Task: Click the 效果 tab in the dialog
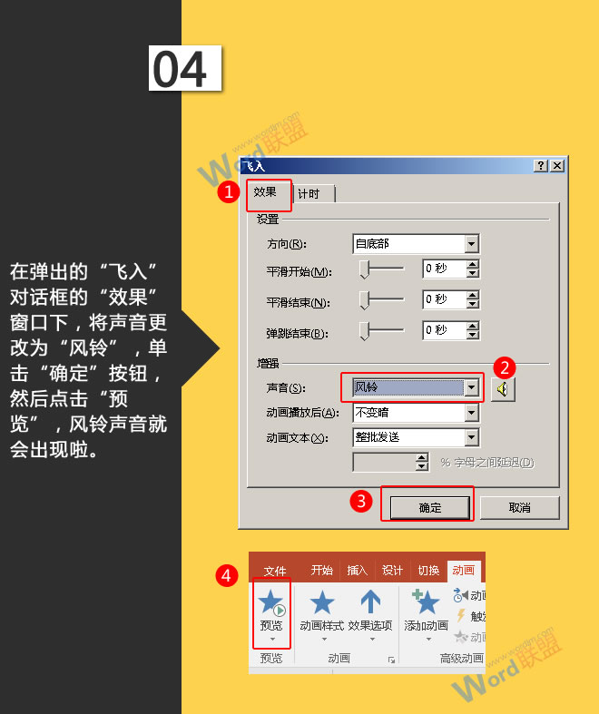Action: coord(265,193)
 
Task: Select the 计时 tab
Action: coord(309,194)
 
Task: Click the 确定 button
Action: coord(430,508)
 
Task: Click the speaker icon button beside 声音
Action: coord(502,389)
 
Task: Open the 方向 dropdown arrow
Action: coord(471,244)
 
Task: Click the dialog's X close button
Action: coord(556,166)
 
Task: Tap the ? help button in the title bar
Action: coord(541,166)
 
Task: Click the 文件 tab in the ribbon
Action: coord(275,571)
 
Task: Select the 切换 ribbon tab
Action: coord(428,571)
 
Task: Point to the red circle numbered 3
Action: coord(361,500)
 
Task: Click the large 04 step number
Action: coord(185,68)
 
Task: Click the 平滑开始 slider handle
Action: coord(365,270)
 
